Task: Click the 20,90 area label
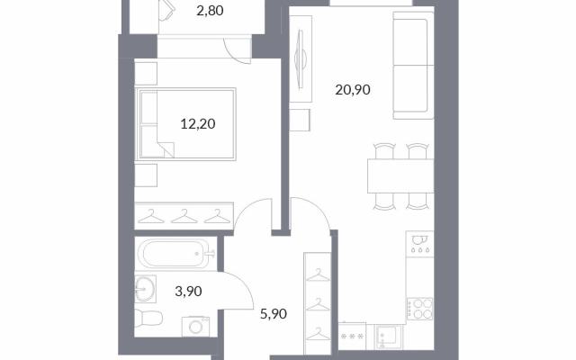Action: click(353, 90)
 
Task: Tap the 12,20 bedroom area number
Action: click(198, 124)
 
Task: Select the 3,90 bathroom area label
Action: click(188, 292)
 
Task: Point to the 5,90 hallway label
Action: click(274, 314)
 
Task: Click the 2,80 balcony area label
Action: click(210, 11)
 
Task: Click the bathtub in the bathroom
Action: click(175, 254)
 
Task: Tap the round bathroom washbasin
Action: click(145, 289)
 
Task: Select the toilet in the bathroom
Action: click(148, 318)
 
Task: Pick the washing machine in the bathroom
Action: click(196, 327)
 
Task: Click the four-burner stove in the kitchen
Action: click(419, 309)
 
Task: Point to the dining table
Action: click(400, 176)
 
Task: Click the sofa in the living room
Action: click(413, 66)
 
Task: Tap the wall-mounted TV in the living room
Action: click(301, 58)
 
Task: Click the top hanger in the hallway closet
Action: click(318, 275)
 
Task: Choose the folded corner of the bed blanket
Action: click(166, 149)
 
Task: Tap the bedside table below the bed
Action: click(146, 175)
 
